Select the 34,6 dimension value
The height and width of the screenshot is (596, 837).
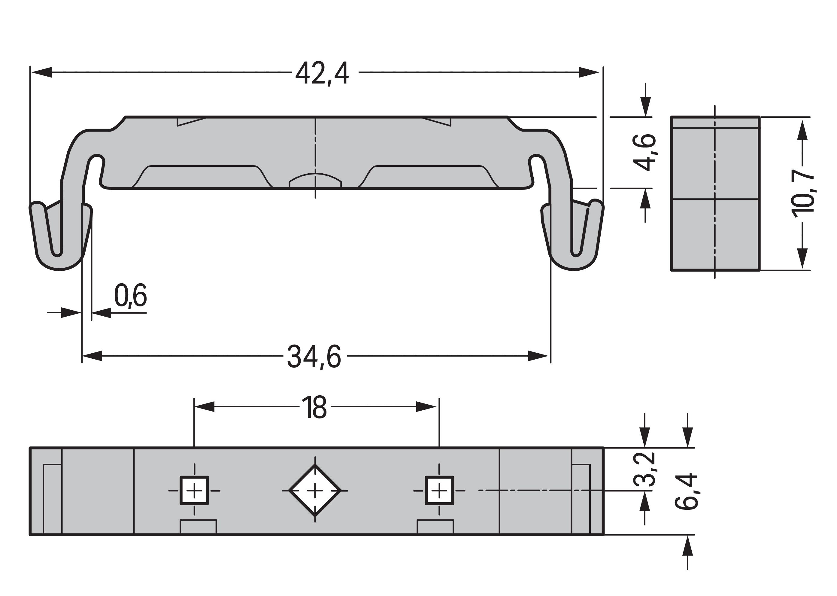click(314, 356)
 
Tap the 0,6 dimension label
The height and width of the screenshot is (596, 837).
click(130, 295)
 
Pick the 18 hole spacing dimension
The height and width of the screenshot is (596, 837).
click(314, 407)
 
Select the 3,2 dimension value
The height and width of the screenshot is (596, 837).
click(644, 470)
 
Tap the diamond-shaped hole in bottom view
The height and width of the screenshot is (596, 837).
click(315, 490)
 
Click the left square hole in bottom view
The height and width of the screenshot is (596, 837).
click(194, 490)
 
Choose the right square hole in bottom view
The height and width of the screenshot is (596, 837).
click(439, 490)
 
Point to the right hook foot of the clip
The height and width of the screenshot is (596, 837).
click(572, 235)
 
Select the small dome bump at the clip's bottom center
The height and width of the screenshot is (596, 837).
click(315, 181)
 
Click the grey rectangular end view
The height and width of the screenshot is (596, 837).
click(715, 193)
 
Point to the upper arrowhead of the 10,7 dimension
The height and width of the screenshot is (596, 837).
click(803, 129)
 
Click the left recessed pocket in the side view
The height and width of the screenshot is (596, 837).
click(202, 177)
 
